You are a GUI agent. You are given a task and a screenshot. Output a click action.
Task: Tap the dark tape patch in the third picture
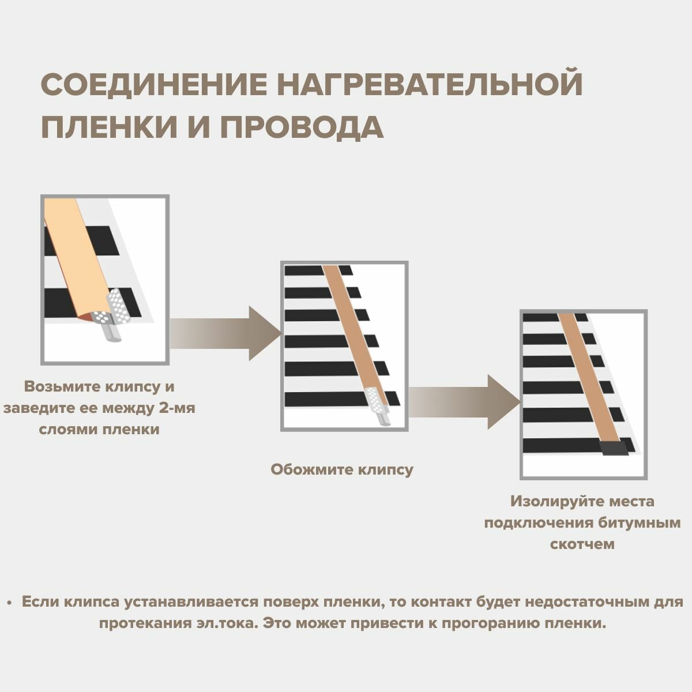pos(613,449)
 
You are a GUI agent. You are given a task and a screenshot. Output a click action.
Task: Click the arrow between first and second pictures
pos(225,333)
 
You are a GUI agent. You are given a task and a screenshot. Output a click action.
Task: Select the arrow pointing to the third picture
pos(464,402)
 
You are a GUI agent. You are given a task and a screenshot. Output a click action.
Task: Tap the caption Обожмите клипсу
pos(342,469)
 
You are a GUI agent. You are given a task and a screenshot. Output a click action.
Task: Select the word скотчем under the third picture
pos(582,544)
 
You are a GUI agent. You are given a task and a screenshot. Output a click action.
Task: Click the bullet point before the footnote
pos(10,603)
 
